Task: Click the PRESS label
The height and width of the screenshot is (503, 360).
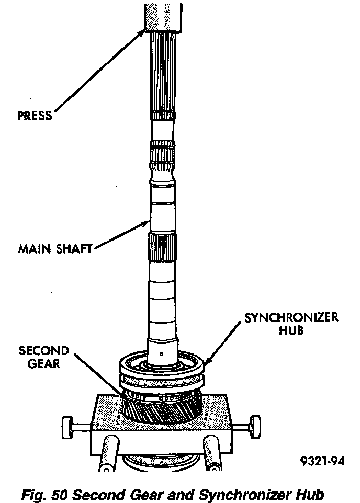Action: (35, 115)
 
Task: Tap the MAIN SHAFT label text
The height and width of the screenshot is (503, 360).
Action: (55, 248)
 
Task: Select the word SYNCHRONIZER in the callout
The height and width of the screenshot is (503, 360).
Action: (291, 318)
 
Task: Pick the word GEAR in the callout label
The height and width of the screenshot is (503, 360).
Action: (44, 364)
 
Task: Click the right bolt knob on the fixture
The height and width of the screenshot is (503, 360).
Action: (255, 422)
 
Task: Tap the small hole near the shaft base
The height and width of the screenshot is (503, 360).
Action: (162, 356)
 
